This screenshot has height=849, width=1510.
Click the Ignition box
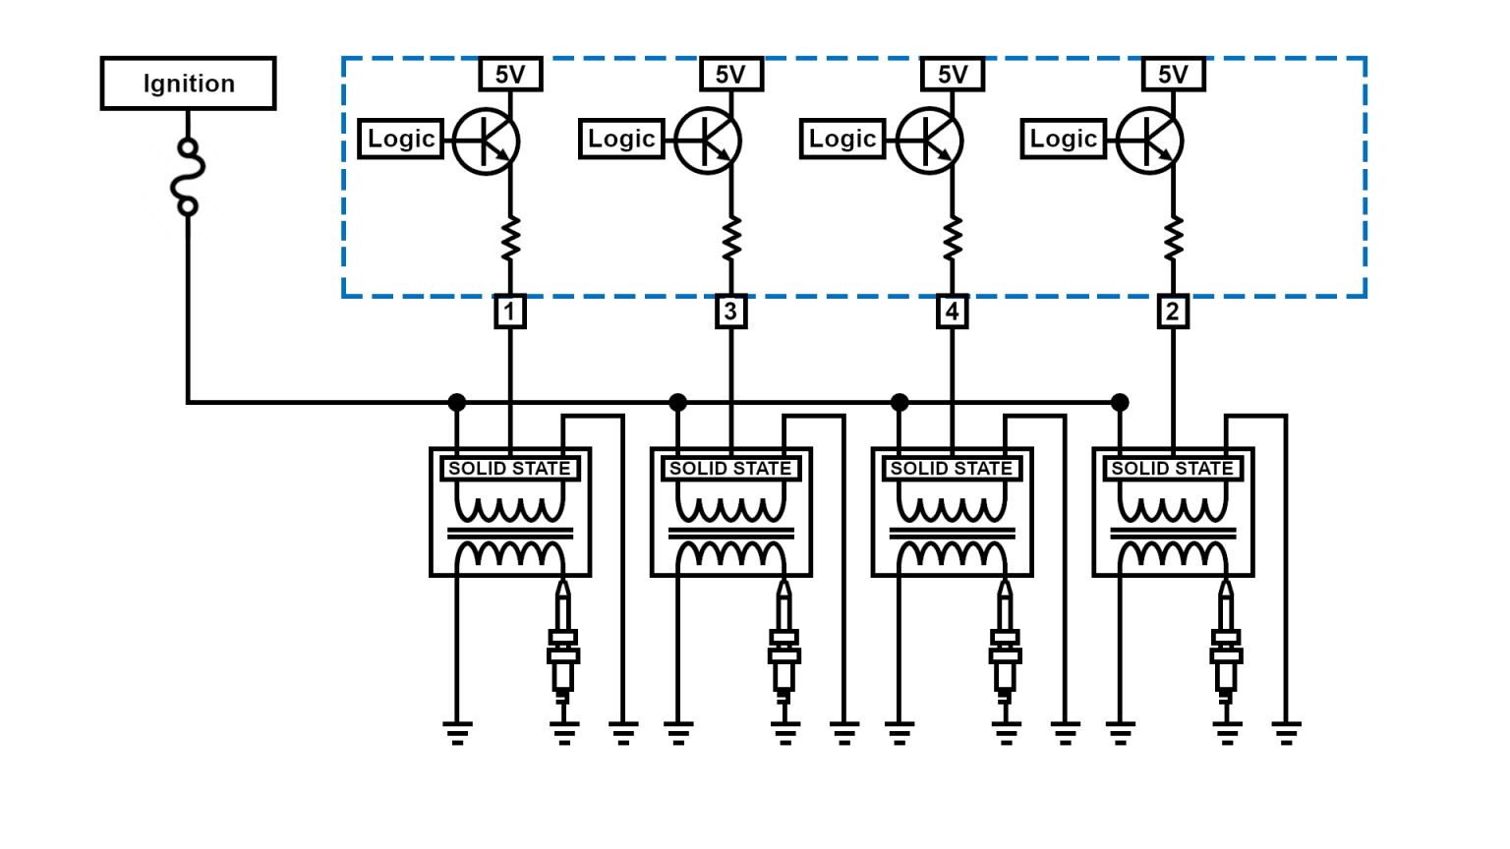click(188, 84)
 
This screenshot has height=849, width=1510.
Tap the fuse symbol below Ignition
click(187, 177)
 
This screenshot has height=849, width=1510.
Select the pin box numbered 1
click(509, 311)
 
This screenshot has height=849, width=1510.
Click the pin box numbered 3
click(730, 311)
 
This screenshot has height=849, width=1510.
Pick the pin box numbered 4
click(952, 311)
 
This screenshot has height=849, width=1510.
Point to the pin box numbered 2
click(1172, 311)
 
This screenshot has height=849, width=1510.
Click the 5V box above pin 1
click(510, 75)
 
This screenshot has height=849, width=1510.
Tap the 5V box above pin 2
click(1173, 75)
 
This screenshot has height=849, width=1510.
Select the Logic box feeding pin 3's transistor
click(621, 140)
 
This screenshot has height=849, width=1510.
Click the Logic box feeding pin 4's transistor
click(842, 140)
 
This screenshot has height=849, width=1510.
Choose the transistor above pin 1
click(487, 141)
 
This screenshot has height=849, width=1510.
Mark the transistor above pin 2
click(1150, 141)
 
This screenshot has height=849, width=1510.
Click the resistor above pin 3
click(730, 239)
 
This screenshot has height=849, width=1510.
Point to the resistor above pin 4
click(952, 239)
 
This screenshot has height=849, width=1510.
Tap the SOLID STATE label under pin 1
click(509, 469)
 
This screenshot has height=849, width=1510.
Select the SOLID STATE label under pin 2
click(1172, 469)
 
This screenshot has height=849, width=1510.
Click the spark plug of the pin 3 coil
click(784, 644)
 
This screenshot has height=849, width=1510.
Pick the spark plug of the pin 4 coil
click(1005, 644)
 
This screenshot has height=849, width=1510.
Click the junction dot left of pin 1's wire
click(457, 402)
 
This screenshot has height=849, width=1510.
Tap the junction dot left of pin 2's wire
click(1120, 402)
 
